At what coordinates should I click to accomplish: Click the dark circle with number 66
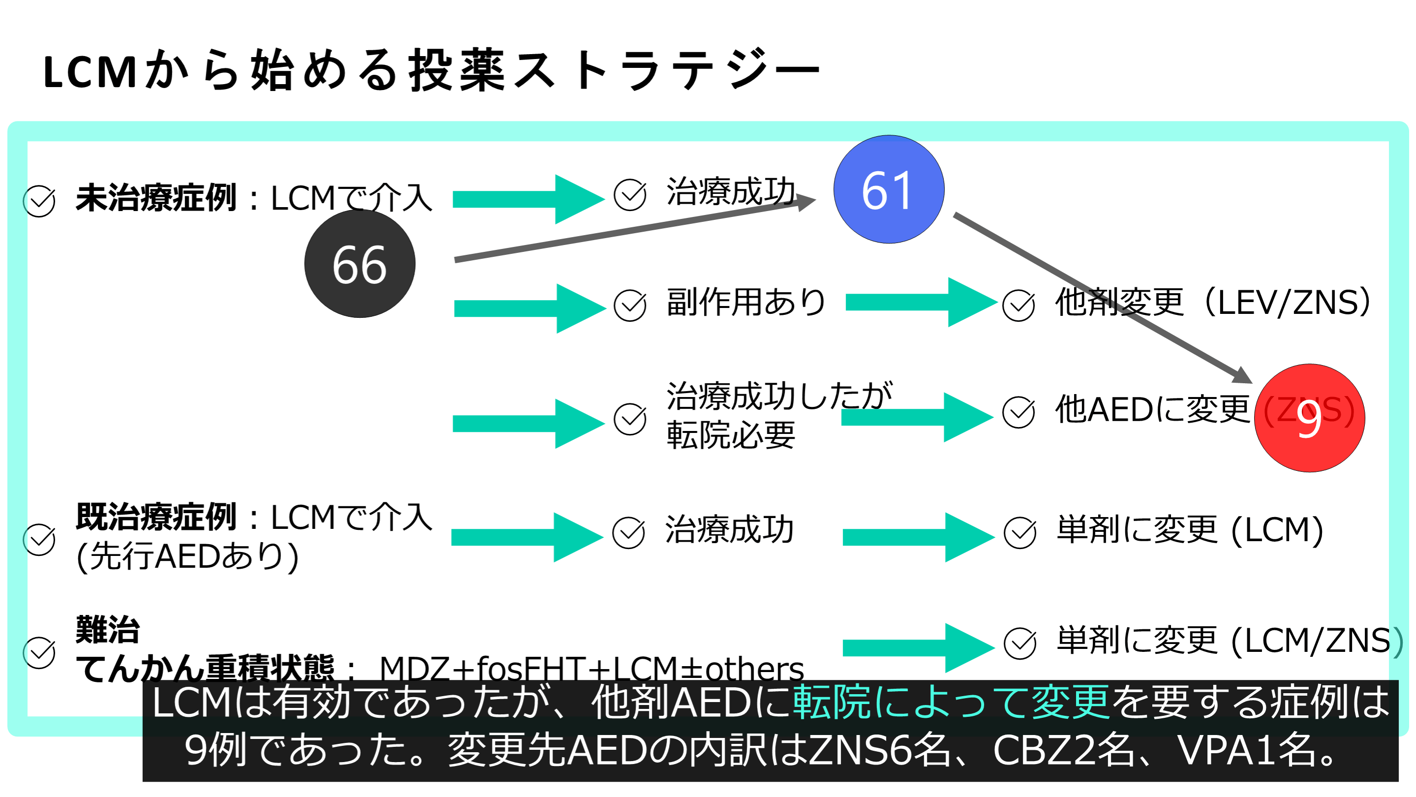[360, 264]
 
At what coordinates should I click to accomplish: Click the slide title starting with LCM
[431, 70]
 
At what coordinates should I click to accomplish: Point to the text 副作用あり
[745, 302]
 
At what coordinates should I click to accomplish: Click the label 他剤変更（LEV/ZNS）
[1213, 302]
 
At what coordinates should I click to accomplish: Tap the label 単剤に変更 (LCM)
[1190, 530]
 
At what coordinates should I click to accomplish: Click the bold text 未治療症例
[156, 198]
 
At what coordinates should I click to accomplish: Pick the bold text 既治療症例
[156, 517]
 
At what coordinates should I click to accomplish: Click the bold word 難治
[108, 629]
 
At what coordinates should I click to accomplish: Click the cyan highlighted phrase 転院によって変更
[951, 703]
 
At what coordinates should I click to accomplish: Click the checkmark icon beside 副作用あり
[630, 306]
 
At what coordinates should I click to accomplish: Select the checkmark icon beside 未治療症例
[39, 201]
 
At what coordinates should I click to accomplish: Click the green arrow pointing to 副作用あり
[529, 308]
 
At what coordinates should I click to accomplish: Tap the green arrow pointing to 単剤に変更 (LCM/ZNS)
[918, 647]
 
